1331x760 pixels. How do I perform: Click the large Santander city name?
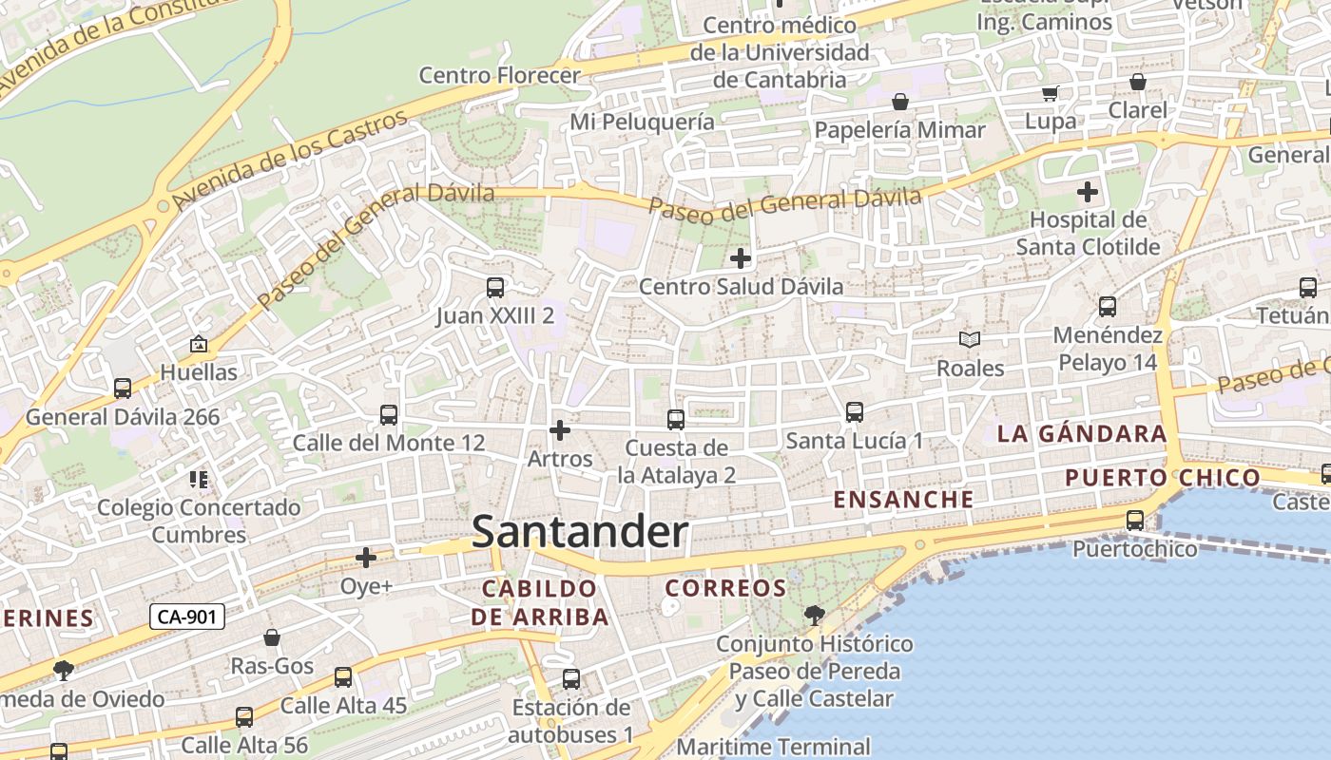pyautogui.click(x=580, y=532)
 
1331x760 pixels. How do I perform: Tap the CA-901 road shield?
pyautogui.click(x=187, y=617)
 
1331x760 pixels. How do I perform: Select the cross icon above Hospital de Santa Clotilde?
pyautogui.click(x=1088, y=192)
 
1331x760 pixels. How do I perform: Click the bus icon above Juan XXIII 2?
pyautogui.click(x=494, y=287)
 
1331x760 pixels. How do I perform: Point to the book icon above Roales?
pyautogui.click(x=970, y=339)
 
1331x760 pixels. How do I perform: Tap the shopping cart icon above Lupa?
pyautogui.click(x=1051, y=93)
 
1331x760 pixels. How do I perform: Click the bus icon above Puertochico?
pyautogui.click(x=1134, y=521)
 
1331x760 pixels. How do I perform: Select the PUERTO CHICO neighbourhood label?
pyautogui.click(x=1163, y=477)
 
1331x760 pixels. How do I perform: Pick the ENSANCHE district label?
pyautogui.click(x=903, y=499)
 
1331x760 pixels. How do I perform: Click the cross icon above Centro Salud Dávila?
pyautogui.click(x=740, y=257)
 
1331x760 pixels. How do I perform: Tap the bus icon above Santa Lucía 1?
pyautogui.click(x=854, y=412)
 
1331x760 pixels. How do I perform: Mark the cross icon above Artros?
pyautogui.click(x=560, y=430)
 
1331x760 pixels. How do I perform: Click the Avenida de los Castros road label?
pyautogui.click(x=291, y=160)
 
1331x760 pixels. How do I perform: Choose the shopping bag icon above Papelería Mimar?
pyautogui.click(x=899, y=102)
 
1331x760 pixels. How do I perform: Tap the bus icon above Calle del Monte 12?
pyautogui.click(x=388, y=414)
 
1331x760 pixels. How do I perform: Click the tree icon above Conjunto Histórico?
pyautogui.click(x=814, y=615)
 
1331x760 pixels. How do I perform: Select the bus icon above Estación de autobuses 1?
pyautogui.click(x=570, y=679)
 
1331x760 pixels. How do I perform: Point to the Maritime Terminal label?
pyautogui.click(x=773, y=747)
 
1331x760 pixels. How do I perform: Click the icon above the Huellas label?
pyautogui.click(x=199, y=344)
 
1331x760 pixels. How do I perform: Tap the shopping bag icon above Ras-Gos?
pyautogui.click(x=272, y=637)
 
